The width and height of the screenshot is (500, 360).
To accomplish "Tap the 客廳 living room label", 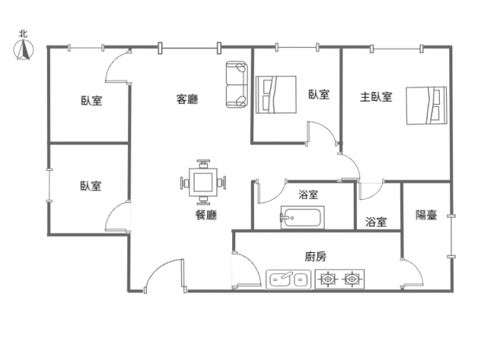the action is (x=187, y=99).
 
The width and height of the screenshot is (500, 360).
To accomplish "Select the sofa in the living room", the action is (x=237, y=84).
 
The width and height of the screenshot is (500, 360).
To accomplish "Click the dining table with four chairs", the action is (x=203, y=182).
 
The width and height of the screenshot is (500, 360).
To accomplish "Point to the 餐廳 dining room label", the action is (x=206, y=215).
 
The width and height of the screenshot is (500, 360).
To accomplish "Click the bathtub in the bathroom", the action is (x=302, y=217).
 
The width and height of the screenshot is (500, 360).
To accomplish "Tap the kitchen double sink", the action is (x=288, y=280).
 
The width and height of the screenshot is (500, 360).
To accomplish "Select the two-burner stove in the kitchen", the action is (x=340, y=280).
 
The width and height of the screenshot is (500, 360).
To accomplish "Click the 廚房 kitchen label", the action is (x=316, y=256).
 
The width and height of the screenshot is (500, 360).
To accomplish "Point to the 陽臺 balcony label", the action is (x=426, y=215).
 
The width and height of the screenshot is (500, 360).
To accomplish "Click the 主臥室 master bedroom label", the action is (x=376, y=97).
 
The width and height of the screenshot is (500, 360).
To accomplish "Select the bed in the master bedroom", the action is (x=427, y=105).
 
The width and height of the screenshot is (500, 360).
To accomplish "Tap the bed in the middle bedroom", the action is (x=276, y=94).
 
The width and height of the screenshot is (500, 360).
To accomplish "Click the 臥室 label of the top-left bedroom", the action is (x=91, y=101).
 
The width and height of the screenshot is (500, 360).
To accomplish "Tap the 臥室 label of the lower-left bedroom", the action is (x=91, y=186).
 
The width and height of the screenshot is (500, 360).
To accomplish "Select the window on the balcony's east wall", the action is (x=452, y=237).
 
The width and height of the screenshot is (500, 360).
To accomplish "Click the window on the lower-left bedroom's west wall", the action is (x=48, y=185).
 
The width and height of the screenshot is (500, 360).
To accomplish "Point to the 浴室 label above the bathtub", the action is (x=309, y=194).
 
